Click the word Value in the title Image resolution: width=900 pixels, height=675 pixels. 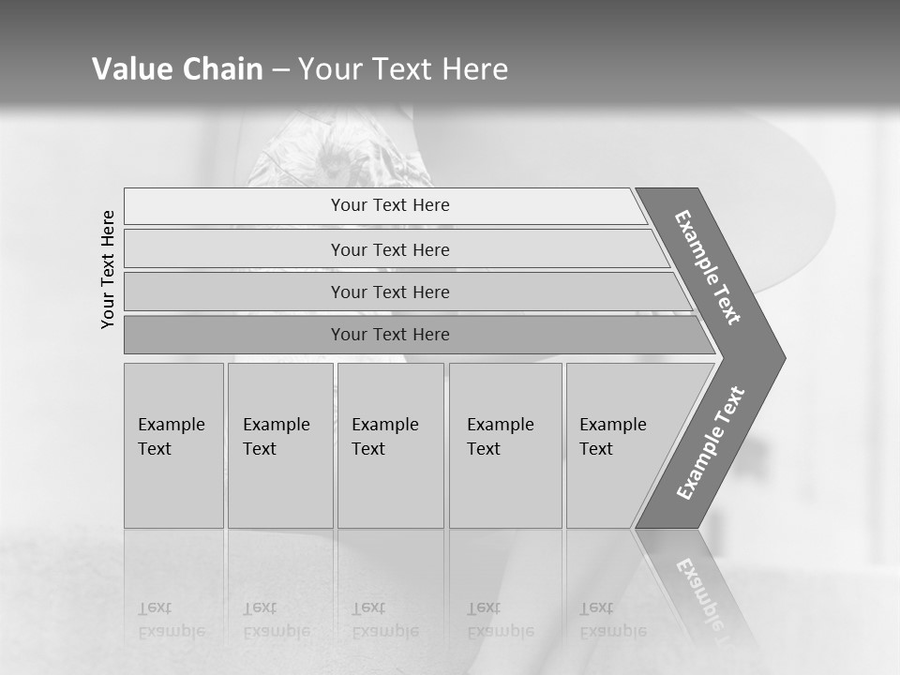[x=129, y=69]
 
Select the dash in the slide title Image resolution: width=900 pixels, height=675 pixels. [x=280, y=70]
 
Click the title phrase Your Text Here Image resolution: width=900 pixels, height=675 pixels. [x=403, y=69]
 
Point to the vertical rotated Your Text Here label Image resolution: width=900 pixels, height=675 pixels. [x=108, y=269]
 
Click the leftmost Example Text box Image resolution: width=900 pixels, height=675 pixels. [x=173, y=444]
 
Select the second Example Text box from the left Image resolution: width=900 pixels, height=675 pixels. [x=279, y=444]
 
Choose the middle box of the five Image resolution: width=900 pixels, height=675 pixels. [x=390, y=444]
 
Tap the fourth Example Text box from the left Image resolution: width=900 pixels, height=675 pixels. [x=505, y=444]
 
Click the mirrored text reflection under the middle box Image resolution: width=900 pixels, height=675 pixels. [x=384, y=620]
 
